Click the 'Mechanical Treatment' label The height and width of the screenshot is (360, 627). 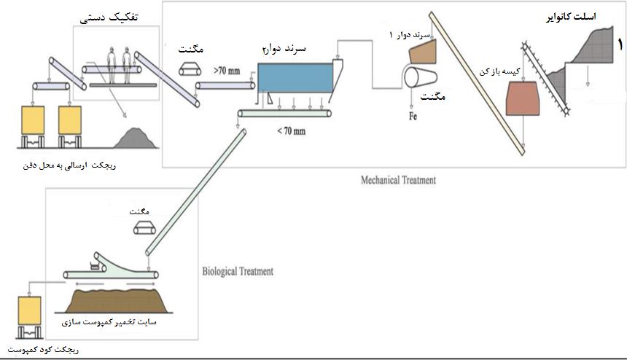pyautogui.click(x=398, y=179)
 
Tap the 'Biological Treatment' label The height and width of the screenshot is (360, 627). pyautogui.click(x=237, y=271)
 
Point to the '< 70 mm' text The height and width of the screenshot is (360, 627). pyautogui.click(x=292, y=131)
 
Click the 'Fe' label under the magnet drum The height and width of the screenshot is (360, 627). pyautogui.click(x=413, y=115)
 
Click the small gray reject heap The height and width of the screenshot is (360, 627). pyautogui.click(x=134, y=137)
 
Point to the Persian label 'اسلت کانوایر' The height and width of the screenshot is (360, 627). pyautogui.click(x=576, y=16)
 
